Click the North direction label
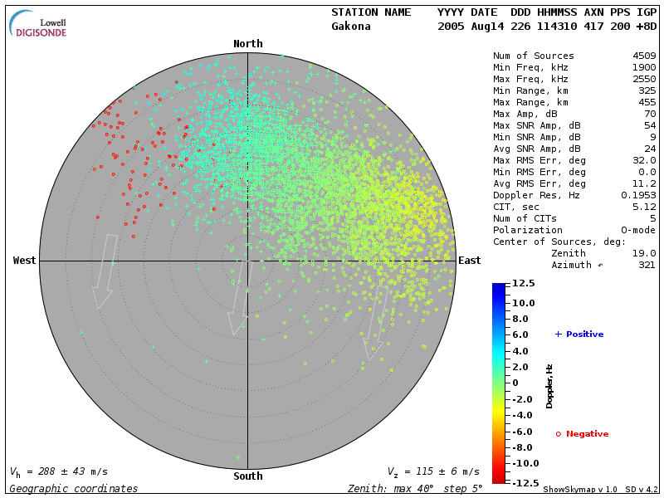click(x=247, y=44)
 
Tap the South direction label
click(x=247, y=476)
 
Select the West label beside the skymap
click(x=25, y=261)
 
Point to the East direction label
click(x=470, y=261)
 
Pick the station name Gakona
click(x=351, y=26)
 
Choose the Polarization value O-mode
click(x=632, y=230)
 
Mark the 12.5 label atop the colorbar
click(x=524, y=284)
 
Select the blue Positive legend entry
click(x=579, y=334)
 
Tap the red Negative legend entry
click(x=582, y=434)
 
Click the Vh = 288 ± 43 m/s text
click(x=58, y=471)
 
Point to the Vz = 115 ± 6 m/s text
click(x=433, y=471)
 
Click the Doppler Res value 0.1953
click(x=639, y=195)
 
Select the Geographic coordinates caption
click(x=74, y=489)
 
